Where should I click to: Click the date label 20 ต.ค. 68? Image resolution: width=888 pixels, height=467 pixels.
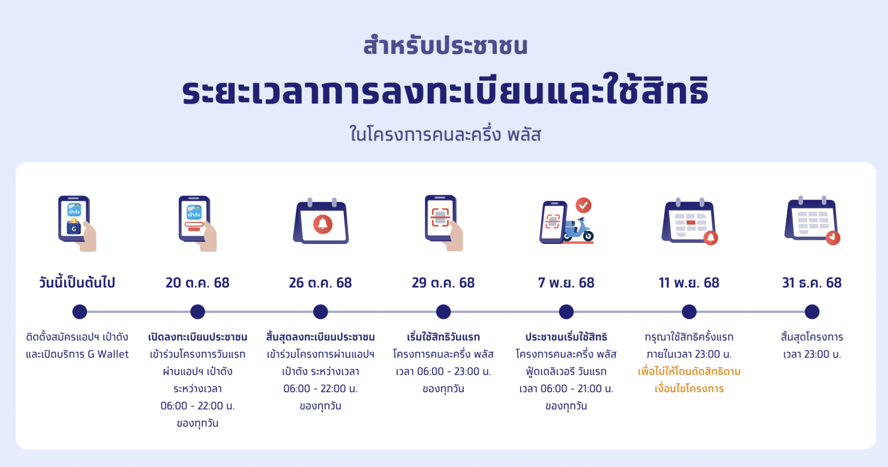pyautogui.click(x=197, y=282)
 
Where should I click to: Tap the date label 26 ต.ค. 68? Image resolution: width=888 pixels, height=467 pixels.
pyautogui.click(x=320, y=282)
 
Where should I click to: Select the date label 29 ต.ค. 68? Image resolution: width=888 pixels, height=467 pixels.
pyautogui.click(x=443, y=282)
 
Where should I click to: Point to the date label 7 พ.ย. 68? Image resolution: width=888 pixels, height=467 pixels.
pyautogui.click(x=566, y=282)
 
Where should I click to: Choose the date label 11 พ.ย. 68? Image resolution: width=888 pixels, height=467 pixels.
pyautogui.click(x=689, y=282)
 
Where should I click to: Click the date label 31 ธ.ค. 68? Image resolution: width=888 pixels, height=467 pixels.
pyautogui.click(x=812, y=282)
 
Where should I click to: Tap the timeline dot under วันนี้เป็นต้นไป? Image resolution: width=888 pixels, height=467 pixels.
pyautogui.click(x=80, y=312)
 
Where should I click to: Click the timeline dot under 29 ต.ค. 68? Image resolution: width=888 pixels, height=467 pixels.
pyautogui.click(x=443, y=312)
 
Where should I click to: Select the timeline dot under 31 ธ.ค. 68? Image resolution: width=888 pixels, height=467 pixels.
pyautogui.click(x=812, y=312)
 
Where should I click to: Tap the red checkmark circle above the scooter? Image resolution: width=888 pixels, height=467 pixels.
pyautogui.click(x=583, y=206)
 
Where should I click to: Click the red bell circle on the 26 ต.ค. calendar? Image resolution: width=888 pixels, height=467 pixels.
pyautogui.click(x=323, y=224)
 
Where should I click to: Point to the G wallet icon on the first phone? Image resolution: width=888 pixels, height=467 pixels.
pyautogui.click(x=74, y=228)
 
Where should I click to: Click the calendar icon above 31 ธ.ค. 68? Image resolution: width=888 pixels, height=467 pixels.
pyautogui.click(x=812, y=221)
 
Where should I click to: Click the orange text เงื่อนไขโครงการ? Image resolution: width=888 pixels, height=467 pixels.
pyautogui.click(x=689, y=388)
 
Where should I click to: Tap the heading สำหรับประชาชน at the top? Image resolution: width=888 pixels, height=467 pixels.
pyautogui.click(x=445, y=46)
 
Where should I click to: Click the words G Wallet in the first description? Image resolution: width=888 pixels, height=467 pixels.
pyautogui.click(x=109, y=354)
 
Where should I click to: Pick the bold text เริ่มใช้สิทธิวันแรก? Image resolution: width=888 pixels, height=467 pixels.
pyautogui.click(x=443, y=337)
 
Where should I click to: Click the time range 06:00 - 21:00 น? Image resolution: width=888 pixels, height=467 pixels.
pyautogui.click(x=566, y=388)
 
